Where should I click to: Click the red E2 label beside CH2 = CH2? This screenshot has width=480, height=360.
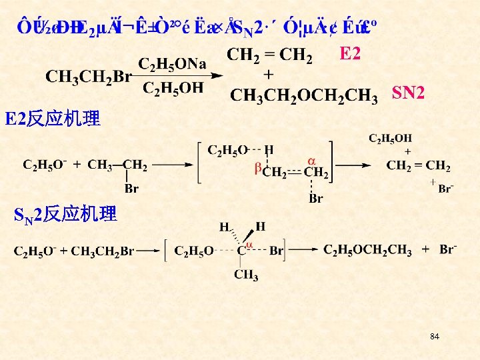coord(350,54)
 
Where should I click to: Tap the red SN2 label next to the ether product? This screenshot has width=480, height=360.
coord(408,93)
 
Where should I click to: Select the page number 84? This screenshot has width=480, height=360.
coord(435,337)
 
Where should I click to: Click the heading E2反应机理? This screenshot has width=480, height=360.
coord(53,119)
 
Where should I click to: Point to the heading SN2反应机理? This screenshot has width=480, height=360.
coord(65,215)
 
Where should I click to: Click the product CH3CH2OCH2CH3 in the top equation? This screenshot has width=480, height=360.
coord(304,95)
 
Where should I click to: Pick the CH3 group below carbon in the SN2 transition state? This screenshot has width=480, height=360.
coord(246,275)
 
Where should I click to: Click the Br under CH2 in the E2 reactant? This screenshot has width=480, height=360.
coord(131,189)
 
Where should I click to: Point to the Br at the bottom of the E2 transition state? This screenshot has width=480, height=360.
coord(315,198)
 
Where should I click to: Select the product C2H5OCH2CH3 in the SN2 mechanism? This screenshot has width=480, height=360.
coord(369,250)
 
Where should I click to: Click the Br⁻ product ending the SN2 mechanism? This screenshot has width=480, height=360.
coord(448,250)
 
